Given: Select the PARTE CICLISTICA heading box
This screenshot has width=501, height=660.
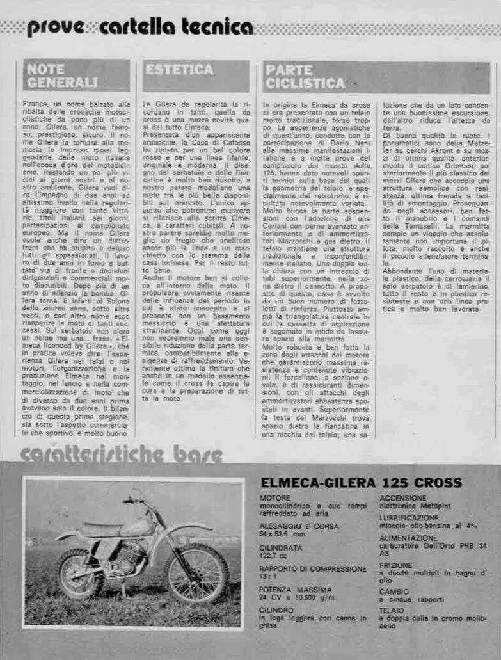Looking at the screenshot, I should [306, 76].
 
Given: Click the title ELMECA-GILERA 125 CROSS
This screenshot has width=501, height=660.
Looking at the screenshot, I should [361, 483].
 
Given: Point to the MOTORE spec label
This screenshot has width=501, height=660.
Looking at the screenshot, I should [274, 498].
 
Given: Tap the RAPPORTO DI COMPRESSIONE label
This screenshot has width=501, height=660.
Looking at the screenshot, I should [313, 568].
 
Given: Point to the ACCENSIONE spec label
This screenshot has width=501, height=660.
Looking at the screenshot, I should [403, 498].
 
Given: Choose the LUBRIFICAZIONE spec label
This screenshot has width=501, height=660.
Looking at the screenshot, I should [409, 518].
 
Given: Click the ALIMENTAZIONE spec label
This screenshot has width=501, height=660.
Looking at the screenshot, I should [408, 538].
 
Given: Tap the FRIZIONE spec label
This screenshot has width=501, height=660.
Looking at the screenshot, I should [395, 565].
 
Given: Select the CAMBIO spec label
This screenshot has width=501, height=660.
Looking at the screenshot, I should [393, 592].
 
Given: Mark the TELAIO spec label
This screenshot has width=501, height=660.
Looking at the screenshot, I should [392, 611].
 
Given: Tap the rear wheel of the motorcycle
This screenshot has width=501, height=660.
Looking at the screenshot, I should [83, 574].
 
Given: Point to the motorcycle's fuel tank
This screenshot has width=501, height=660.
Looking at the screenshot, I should [137, 526].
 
